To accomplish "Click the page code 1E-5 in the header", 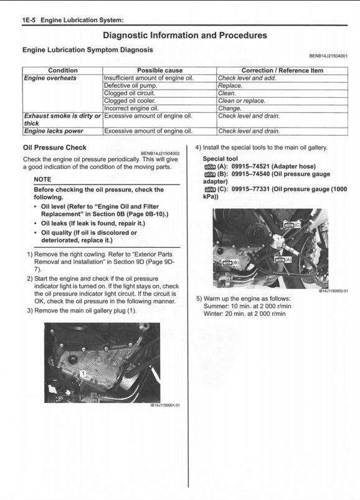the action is click(x=29, y=21).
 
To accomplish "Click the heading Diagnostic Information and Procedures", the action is click(x=184, y=35).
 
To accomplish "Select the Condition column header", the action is click(x=63, y=70).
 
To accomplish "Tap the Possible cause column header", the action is click(x=159, y=70).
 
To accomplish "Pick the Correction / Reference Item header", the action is click(x=282, y=70).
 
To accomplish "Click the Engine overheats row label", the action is click(x=50, y=78).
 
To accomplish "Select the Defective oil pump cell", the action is click(x=130, y=86).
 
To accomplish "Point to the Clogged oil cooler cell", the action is click(x=130, y=101).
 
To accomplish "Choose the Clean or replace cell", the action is click(x=242, y=101).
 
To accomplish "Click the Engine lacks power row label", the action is click(x=54, y=131).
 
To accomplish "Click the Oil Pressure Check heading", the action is click(x=54, y=148).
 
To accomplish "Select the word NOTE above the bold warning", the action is click(x=42, y=179).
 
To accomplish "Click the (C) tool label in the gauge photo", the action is click(x=292, y=224).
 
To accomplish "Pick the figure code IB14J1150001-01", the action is click(x=165, y=405).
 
